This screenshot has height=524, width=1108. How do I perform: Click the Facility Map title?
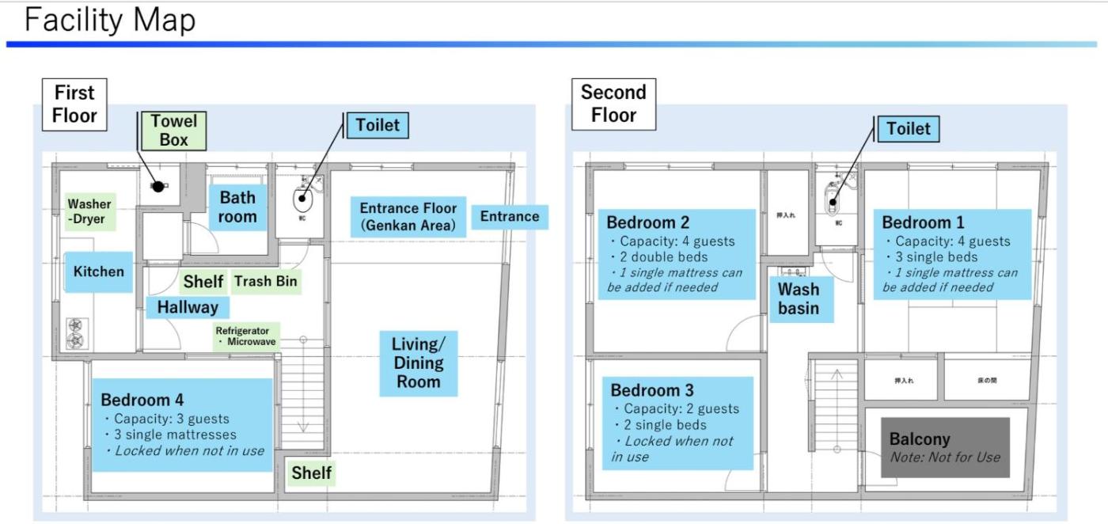pyautogui.click(x=110, y=20)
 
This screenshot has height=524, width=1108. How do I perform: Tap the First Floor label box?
pyautogui.click(x=74, y=104)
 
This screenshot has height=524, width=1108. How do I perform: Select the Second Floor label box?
pyautogui.click(x=613, y=104)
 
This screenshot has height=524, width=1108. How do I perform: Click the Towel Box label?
pyautogui.click(x=174, y=131)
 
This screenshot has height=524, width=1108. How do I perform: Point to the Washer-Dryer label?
pyautogui.click(x=89, y=211)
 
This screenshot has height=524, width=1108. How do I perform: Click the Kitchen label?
pyautogui.click(x=99, y=271)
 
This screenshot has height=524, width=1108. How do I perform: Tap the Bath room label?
pyautogui.click(x=237, y=207)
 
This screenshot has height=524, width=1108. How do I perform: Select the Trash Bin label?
pyautogui.click(x=265, y=281)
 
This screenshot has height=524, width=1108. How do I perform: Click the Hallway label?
pyautogui.click(x=188, y=307)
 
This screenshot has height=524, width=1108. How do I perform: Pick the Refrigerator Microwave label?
pyautogui.click(x=246, y=336)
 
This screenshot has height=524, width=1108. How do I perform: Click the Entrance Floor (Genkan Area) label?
pyautogui.click(x=408, y=217)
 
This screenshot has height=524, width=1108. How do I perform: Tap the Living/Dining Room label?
pyautogui.click(x=419, y=363)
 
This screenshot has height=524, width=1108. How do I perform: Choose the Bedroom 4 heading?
pyautogui.click(x=142, y=400)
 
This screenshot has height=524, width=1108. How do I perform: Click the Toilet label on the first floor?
pyautogui.click(x=378, y=125)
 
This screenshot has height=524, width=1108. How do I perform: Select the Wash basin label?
pyautogui.click(x=799, y=298)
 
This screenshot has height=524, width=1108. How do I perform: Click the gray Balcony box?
pyautogui.click(x=945, y=447)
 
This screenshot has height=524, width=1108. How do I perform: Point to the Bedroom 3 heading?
pyautogui.click(x=652, y=390)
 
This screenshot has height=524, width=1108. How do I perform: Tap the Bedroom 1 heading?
pyautogui.click(x=923, y=222)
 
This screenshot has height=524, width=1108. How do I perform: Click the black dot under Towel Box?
pyautogui.click(x=158, y=187)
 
